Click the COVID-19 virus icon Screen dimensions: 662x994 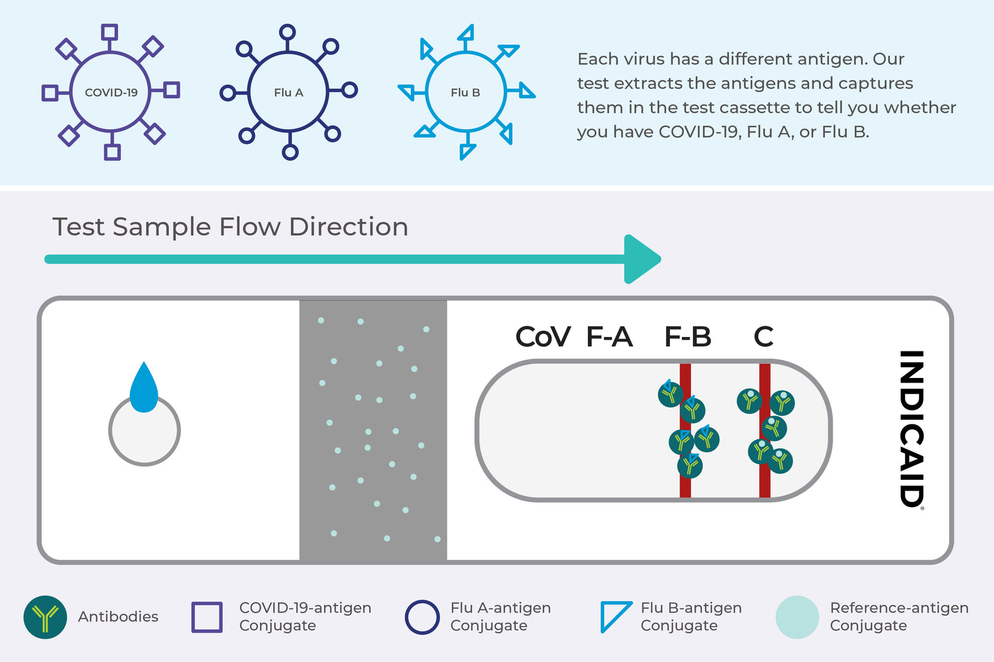(x=111, y=92)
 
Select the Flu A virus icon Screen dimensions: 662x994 (x=288, y=92)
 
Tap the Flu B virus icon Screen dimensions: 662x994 (x=466, y=92)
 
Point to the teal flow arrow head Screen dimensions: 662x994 (x=640, y=259)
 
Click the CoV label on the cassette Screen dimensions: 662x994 (x=543, y=337)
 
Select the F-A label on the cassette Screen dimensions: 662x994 (x=610, y=337)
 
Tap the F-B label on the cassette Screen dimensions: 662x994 (x=688, y=337)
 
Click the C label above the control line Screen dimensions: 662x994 (x=763, y=337)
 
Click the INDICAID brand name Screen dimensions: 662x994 (x=911, y=428)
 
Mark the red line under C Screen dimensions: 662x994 (x=765, y=483)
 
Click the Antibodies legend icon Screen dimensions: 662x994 (x=45, y=617)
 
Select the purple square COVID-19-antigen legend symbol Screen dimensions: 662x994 (x=207, y=617)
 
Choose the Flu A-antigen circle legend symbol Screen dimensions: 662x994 (x=422, y=617)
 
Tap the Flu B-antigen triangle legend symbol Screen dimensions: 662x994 (x=614, y=616)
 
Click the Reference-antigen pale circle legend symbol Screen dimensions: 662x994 (x=797, y=617)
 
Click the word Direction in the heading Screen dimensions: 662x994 (x=349, y=227)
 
